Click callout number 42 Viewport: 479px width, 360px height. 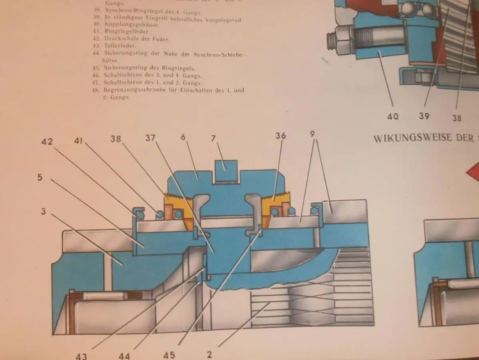coord(47,141)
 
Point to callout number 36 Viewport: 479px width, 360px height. coord(281,136)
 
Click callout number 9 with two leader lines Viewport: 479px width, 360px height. coord(313,135)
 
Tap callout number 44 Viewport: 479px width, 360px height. coord(124,355)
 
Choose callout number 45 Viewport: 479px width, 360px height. coord(169,354)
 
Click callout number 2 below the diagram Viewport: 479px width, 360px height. coord(210,354)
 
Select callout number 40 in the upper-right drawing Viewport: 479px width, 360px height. coord(393,116)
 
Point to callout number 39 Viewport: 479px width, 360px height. coord(424,116)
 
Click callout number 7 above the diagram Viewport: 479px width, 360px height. coord(213,138)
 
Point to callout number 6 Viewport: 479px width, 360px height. coord(183,137)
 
